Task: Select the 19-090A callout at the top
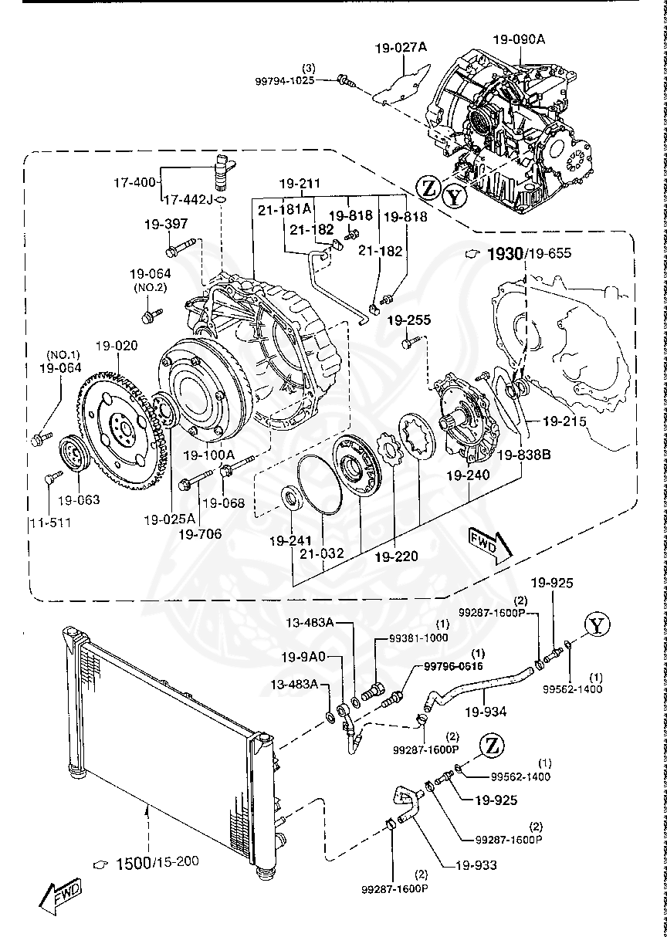click(520, 40)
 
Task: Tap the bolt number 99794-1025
click(285, 79)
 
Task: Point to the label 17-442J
click(187, 199)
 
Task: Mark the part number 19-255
click(409, 320)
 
